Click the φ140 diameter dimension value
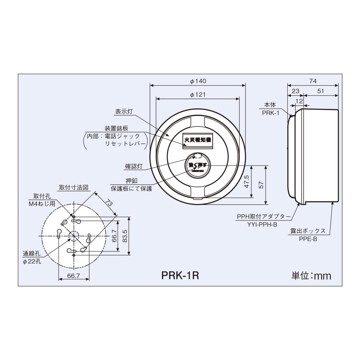coord(198,81)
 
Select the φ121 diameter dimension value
coord(198,95)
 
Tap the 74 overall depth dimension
coord(313,81)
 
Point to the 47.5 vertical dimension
coord(247,181)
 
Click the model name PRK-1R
coord(180,276)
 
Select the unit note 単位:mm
coord(311,276)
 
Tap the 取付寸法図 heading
coord(74,187)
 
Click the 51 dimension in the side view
coord(321,91)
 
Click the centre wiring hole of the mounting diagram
coord(74,236)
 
